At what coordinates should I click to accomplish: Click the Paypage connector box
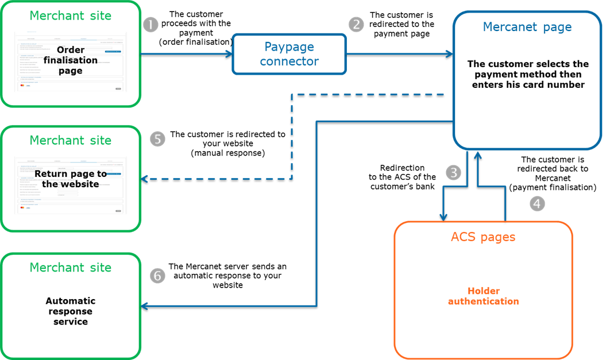coord(289,54)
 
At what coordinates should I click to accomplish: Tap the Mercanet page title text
coord(527,27)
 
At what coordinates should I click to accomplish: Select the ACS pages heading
coord(482,237)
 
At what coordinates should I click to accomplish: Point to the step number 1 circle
coord(150,25)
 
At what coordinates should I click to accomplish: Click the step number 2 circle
coord(356,24)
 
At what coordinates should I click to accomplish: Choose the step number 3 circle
coord(454,173)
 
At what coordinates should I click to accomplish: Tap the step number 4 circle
coord(537,204)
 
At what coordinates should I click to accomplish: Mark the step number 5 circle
coord(157,139)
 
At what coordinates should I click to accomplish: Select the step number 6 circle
coord(157,276)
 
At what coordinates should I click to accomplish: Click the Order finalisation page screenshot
coord(71,61)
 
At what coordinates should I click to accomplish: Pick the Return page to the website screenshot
coord(71,185)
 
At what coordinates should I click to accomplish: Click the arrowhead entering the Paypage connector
coord(229,54)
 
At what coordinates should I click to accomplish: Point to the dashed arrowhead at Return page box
coord(145,179)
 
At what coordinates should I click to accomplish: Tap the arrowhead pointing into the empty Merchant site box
coord(145,307)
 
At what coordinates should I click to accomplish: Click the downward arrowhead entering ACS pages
coord(443,216)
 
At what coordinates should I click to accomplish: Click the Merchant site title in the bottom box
coord(70,268)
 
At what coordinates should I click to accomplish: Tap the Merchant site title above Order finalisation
coord(70,16)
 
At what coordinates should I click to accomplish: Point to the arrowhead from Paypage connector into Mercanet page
coord(449,54)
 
